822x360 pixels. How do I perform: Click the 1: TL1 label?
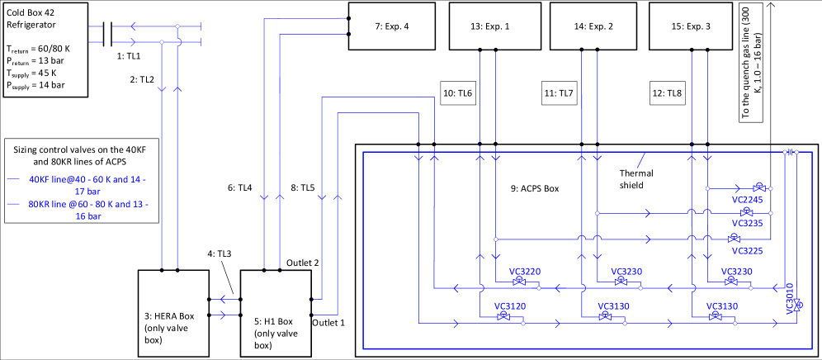coord(128,56)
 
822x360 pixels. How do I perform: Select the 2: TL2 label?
coord(141,79)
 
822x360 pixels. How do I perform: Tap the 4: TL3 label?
coord(220,253)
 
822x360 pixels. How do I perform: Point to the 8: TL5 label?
coord(302,188)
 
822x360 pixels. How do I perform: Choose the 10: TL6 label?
coord(457,94)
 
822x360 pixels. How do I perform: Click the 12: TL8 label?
coord(667,94)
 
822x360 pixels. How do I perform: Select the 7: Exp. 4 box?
coord(391,26)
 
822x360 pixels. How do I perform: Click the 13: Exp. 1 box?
coord(494,26)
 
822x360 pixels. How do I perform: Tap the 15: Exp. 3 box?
coord(692,26)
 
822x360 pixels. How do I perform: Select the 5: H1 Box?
coord(276,313)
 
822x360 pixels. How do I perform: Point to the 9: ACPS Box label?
coord(534,188)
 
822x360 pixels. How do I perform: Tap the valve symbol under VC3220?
coord(520,282)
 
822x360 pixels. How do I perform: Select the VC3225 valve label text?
coord(747,251)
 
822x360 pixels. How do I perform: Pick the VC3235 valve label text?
coord(747,223)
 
